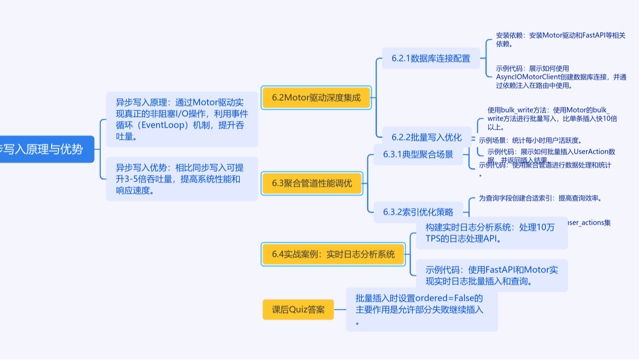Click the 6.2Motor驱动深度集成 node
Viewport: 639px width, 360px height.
point(316,98)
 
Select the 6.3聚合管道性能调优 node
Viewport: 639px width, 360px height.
point(312,184)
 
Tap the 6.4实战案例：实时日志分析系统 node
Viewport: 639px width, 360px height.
point(333,255)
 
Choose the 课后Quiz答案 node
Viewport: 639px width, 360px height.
point(298,310)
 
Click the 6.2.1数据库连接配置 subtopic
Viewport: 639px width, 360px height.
point(430,59)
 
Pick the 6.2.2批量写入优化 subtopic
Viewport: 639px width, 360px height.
point(426,138)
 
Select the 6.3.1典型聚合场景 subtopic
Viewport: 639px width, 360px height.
point(418,155)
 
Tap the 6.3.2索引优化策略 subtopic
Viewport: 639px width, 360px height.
point(418,212)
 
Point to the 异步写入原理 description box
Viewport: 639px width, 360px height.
point(182,120)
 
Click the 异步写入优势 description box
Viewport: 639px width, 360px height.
point(182,179)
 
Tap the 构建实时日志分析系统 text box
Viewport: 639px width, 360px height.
point(491,233)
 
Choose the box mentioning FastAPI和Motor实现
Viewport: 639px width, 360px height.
point(491,275)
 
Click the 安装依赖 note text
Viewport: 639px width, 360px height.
point(560,39)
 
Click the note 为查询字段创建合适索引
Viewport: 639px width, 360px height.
point(540,198)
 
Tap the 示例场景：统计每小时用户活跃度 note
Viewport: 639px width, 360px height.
point(530,140)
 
